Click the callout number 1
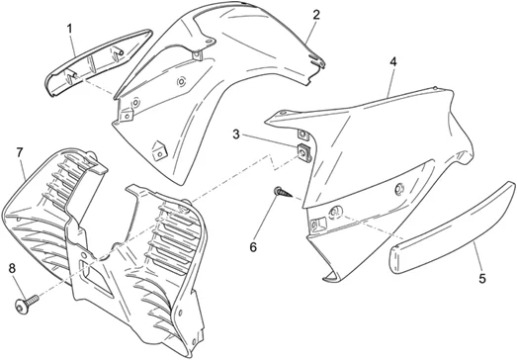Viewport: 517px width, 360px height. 69,29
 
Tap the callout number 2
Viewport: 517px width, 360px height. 316,15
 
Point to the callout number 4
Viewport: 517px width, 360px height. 393,61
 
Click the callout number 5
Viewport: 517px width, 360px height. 482,279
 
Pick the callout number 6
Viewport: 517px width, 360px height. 253,247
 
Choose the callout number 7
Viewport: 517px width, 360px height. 20,152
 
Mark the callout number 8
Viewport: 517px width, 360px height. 12,269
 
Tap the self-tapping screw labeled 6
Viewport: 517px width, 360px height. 283,192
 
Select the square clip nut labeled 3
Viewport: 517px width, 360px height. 304,152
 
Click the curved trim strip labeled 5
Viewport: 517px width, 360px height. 453,228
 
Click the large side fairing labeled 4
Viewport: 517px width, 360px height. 373,165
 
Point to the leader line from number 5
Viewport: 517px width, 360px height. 476,257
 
